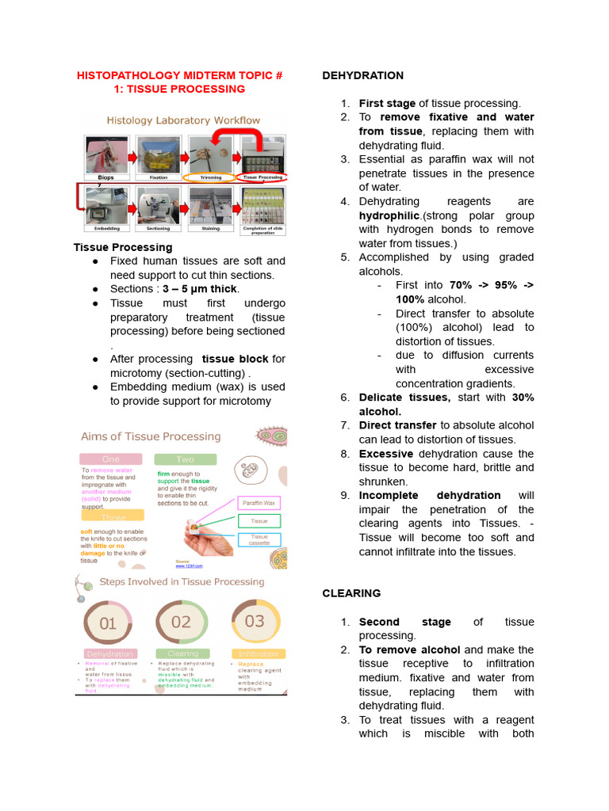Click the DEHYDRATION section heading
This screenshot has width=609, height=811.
coord(362,75)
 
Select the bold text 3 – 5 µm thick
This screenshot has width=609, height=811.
coord(200,289)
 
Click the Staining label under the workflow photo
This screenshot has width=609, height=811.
coord(209,227)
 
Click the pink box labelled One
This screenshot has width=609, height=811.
coord(110,459)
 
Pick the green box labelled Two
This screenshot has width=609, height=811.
coord(185,459)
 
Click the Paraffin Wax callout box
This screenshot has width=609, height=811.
coord(259,503)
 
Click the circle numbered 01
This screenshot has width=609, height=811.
coord(109,623)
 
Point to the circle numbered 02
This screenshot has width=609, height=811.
coord(182,622)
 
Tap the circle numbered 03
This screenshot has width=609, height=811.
coord(255,622)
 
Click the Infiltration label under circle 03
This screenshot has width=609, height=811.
coord(258,654)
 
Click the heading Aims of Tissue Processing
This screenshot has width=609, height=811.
coord(151,436)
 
